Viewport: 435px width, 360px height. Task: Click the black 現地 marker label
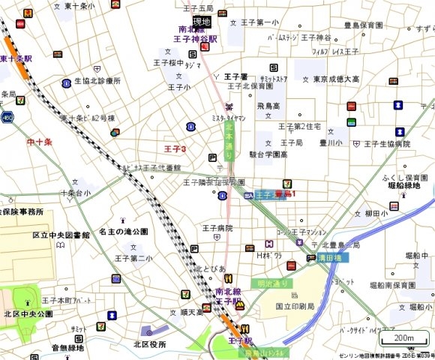tap(202, 20)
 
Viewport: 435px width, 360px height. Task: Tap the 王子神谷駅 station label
tap(195, 37)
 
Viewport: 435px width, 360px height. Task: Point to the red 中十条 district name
tap(38, 141)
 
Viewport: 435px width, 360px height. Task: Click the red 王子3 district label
tap(175, 149)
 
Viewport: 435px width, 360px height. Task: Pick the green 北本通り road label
tap(229, 141)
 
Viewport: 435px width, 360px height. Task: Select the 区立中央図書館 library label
tap(61, 235)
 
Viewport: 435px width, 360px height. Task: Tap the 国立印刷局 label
tap(293, 306)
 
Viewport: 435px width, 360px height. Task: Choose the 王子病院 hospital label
tap(217, 228)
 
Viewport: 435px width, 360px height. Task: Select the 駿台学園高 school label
tap(268, 154)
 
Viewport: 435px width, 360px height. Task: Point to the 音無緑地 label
tap(67, 347)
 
